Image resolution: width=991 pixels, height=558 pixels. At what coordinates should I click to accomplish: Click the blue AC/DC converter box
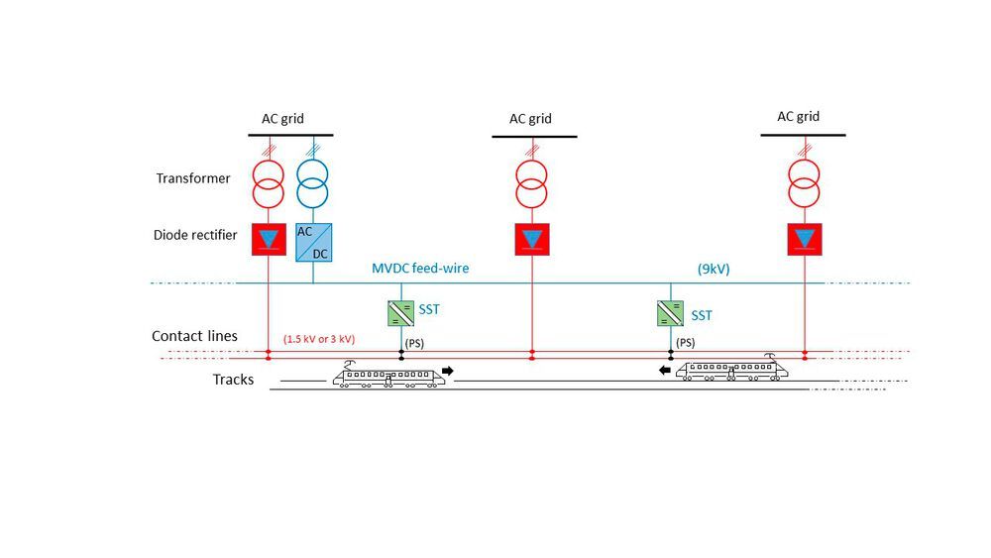pyautogui.click(x=313, y=242)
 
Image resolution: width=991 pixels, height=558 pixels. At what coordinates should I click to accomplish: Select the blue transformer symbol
pyautogui.click(x=313, y=184)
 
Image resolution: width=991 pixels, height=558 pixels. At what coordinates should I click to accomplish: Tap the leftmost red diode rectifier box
pyautogui.click(x=269, y=239)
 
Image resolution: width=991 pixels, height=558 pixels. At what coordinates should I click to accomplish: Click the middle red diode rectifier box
pyautogui.click(x=532, y=239)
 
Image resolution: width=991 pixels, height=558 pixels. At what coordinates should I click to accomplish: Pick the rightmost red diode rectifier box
pyautogui.click(x=805, y=239)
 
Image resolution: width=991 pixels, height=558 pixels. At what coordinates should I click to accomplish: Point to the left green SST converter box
pyautogui.click(x=400, y=313)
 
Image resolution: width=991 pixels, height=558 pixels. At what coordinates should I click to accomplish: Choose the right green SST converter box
pyautogui.click(x=670, y=313)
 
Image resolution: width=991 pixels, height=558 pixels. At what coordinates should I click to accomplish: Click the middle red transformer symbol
pyautogui.click(x=531, y=184)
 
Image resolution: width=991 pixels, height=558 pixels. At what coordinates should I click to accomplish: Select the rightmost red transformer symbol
pyautogui.click(x=804, y=184)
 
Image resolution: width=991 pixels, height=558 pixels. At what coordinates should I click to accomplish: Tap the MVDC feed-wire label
pyautogui.click(x=420, y=268)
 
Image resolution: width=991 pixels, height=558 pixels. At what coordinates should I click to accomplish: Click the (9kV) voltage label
pyautogui.click(x=714, y=269)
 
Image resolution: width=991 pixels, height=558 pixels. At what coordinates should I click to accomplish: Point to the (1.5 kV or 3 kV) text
pyautogui.click(x=319, y=339)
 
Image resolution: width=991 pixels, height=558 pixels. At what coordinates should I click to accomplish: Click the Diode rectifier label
pyautogui.click(x=195, y=235)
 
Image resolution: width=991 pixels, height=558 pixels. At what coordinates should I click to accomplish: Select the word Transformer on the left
pyautogui.click(x=193, y=178)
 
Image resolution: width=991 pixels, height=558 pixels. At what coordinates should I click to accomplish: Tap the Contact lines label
pyautogui.click(x=194, y=336)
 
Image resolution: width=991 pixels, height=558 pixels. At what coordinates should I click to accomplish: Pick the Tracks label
pyautogui.click(x=233, y=380)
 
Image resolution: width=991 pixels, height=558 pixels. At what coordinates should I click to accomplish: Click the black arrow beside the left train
pyautogui.click(x=448, y=371)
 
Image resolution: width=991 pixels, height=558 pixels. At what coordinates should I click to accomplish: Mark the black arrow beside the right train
pyautogui.click(x=665, y=371)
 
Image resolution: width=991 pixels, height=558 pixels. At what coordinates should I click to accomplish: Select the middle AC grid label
pyautogui.click(x=530, y=119)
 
